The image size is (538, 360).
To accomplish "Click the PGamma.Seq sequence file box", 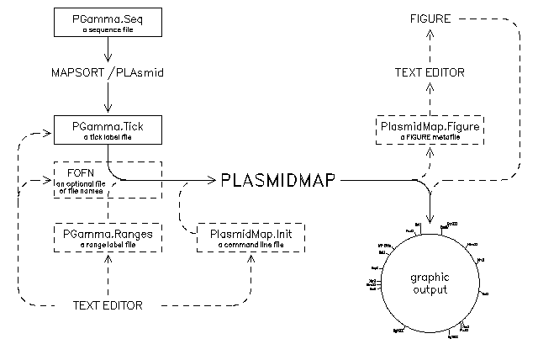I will [107, 23].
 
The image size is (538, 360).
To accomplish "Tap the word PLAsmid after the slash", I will [134, 73].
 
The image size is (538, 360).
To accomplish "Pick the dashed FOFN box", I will [107, 179].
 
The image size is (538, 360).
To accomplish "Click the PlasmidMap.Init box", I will [250, 238].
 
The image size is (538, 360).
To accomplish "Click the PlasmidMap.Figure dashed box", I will [430, 130].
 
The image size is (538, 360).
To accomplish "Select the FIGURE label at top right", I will [430, 19].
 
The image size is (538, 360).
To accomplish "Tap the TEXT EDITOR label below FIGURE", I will [430, 73].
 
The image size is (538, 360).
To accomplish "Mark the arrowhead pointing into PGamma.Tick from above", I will [107, 112].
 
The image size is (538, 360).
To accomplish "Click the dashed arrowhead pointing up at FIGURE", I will [430, 33].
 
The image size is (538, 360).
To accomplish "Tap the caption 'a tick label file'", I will [107, 136].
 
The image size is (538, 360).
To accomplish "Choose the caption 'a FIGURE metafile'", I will [430, 137].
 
